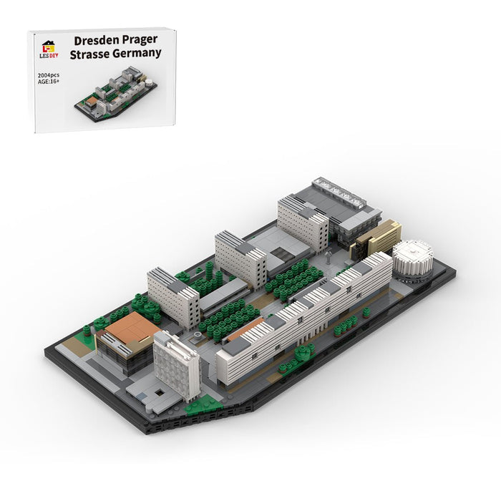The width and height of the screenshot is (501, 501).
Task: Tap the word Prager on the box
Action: (x=140, y=40)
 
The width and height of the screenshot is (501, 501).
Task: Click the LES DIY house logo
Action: (x=49, y=49)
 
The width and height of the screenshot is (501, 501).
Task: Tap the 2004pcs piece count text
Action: (x=49, y=75)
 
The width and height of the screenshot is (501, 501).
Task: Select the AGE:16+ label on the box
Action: (x=49, y=82)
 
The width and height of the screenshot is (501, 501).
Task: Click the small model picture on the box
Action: (x=116, y=93)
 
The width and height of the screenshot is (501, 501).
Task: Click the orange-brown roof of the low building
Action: (x=132, y=328)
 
